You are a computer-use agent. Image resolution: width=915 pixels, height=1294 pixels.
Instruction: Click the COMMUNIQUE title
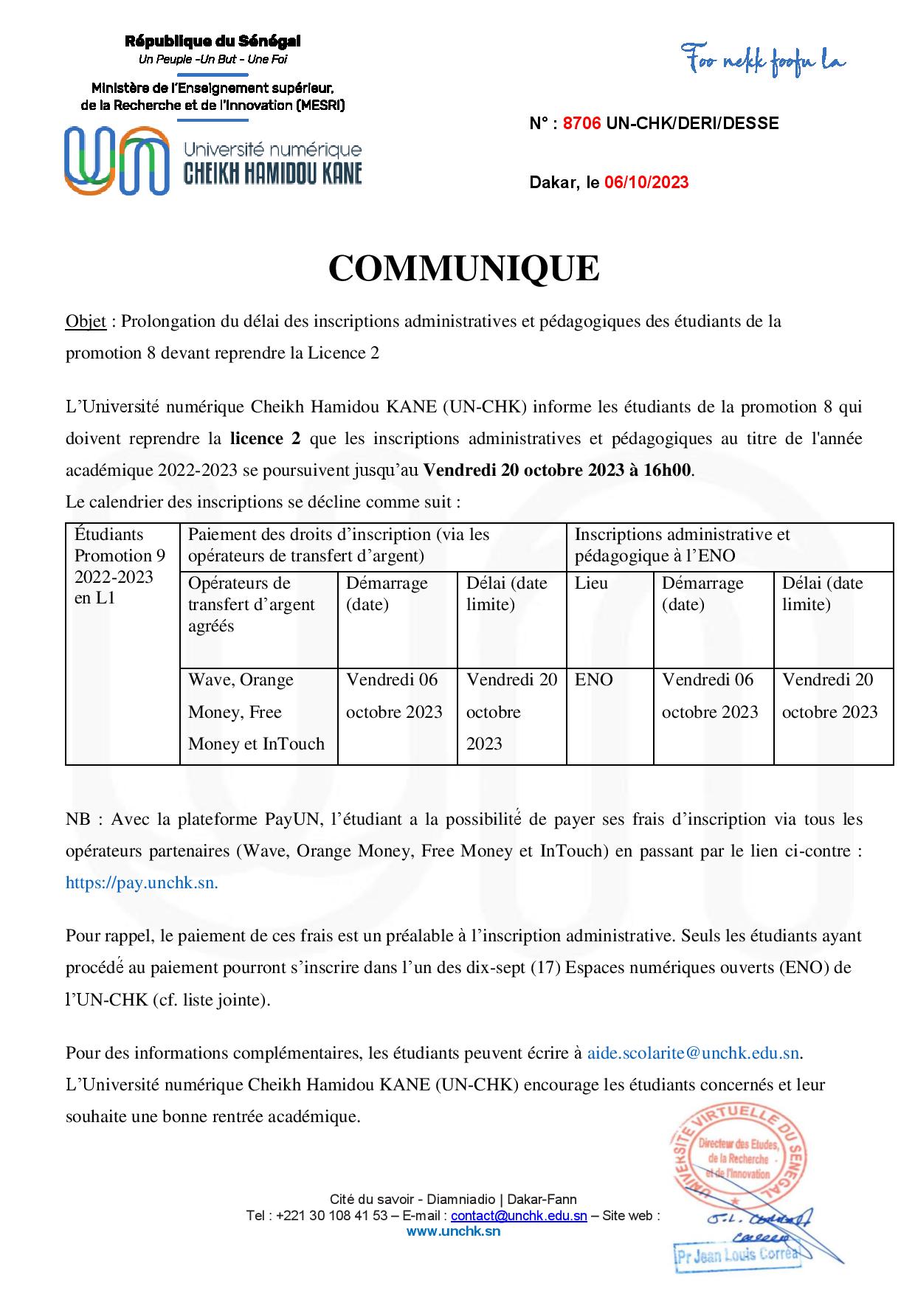(x=463, y=269)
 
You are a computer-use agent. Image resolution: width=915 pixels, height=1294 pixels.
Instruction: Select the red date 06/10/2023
(x=646, y=182)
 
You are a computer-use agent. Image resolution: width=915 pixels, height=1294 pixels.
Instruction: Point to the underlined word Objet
(x=86, y=322)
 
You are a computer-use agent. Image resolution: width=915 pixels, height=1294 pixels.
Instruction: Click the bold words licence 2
(x=265, y=439)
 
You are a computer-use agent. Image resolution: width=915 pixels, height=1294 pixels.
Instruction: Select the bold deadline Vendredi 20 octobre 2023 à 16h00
(x=559, y=471)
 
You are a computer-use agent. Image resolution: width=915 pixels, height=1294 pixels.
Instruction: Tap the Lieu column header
(x=592, y=584)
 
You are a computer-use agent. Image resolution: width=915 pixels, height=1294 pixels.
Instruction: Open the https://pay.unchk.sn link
(x=142, y=883)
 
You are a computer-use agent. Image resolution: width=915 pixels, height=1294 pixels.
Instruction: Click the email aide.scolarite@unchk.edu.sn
(x=693, y=1053)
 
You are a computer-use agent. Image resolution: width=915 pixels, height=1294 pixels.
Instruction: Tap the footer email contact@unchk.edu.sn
(x=519, y=1216)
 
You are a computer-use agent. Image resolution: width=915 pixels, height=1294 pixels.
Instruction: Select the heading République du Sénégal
(x=213, y=42)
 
